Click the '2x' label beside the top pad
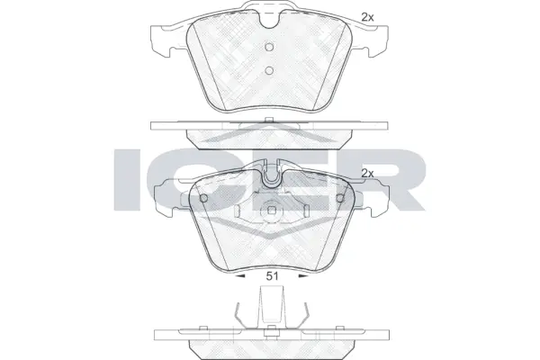pos(366,16)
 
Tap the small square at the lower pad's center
pos(270,214)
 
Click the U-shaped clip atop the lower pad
pos(270,175)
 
